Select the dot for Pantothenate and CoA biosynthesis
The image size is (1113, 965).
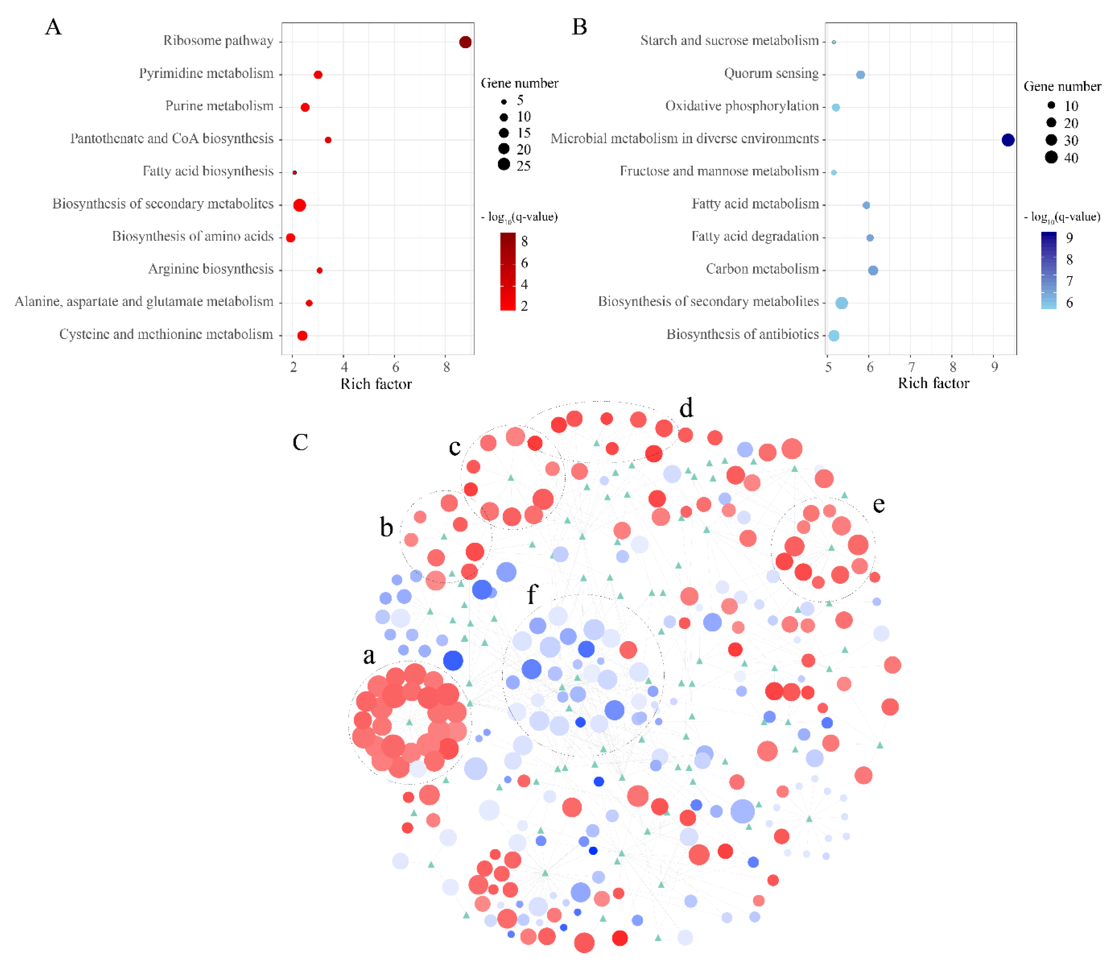pyautogui.click(x=328, y=140)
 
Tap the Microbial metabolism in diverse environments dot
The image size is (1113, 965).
pyautogui.click(x=1007, y=140)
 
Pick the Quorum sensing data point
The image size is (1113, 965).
pyautogui.click(x=860, y=75)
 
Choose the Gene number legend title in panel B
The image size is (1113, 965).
pyautogui.click(x=1062, y=87)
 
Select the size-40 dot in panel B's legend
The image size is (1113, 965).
pyautogui.click(x=1051, y=157)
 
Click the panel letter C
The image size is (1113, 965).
pyautogui.click(x=300, y=442)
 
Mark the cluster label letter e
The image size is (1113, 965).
pyautogui.click(x=878, y=505)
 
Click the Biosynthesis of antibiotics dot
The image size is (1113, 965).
pyautogui.click(x=833, y=335)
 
